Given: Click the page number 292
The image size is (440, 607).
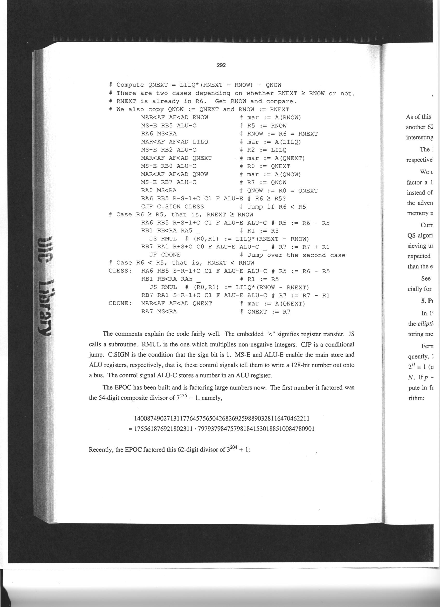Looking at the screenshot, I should tap(221, 65).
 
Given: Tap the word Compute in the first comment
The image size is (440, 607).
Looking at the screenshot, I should tap(130, 85).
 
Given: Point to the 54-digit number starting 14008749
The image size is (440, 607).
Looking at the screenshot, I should tap(221, 418).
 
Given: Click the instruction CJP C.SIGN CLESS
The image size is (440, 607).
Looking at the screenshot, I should tap(172, 207).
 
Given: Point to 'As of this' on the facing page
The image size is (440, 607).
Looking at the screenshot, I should tap(418, 117).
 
